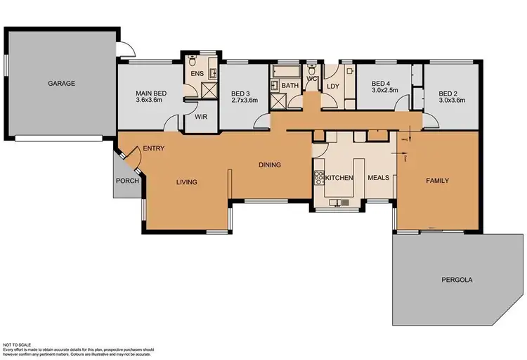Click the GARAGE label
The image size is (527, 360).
pyautogui.click(x=61, y=83)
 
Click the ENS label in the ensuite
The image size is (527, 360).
pyautogui.click(x=197, y=72)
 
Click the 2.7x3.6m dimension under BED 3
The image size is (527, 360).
pyautogui.click(x=245, y=101)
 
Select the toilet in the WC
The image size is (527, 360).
pyautogui.click(x=311, y=70)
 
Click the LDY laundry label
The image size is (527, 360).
pyautogui.click(x=332, y=86)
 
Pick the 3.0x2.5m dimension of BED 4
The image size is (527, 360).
pyautogui.click(x=384, y=91)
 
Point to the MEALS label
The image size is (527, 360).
pyautogui.click(x=379, y=179)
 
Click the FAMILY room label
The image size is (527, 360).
pyautogui.click(x=437, y=181)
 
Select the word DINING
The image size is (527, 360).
pyautogui.click(x=269, y=165)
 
